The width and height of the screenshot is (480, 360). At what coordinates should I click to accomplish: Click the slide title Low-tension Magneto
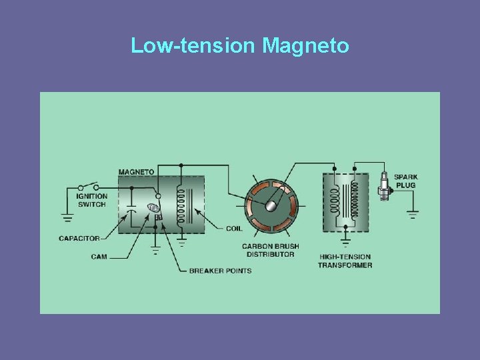point(240,45)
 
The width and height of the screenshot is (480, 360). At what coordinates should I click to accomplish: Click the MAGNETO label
point(136,171)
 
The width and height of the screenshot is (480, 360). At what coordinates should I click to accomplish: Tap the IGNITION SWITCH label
point(91,200)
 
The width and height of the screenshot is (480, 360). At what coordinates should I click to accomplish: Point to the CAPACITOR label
point(79,238)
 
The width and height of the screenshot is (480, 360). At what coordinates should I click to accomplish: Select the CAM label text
point(99,256)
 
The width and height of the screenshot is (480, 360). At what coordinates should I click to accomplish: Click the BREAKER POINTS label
point(220,270)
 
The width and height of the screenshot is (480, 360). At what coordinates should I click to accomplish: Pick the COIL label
point(233,228)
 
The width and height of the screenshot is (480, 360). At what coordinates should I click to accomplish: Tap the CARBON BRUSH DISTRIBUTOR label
point(271,250)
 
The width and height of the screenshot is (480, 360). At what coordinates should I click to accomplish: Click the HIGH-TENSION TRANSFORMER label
point(345,261)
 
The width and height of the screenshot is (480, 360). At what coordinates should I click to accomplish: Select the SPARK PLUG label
point(405,181)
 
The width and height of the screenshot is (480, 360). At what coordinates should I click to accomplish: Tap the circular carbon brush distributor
point(271,205)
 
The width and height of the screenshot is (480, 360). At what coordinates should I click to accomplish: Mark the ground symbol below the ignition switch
point(67,217)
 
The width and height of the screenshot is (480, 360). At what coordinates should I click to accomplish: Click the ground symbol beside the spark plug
point(413,215)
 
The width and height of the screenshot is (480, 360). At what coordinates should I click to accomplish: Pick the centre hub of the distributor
point(271,205)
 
